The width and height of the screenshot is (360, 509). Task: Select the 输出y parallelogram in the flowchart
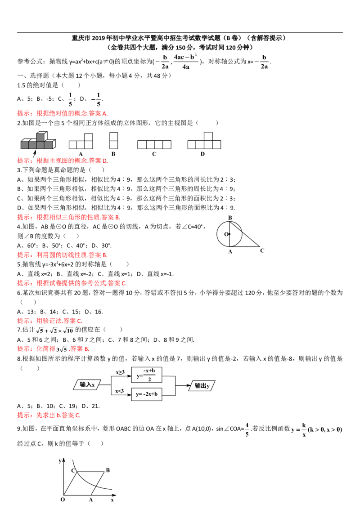tap(202, 386)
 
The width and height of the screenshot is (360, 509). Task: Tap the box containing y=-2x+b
tap(147, 394)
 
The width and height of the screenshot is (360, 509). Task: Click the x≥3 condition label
tap(120, 372)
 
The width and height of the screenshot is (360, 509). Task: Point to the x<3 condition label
tap(119, 391)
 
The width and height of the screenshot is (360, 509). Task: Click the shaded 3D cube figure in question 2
tap(38, 140)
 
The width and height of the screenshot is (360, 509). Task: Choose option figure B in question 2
tap(113, 141)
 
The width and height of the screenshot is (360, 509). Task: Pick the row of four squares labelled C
tap(154, 145)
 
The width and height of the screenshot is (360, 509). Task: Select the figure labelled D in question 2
tap(204, 141)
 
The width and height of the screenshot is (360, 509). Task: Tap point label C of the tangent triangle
tap(262, 250)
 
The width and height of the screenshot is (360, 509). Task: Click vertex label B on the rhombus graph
tap(108, 470)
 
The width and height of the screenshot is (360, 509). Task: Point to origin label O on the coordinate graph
tap(63, 500)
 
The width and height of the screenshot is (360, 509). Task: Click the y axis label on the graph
tap(60, 460)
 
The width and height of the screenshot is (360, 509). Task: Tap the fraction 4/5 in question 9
tap(247, 429)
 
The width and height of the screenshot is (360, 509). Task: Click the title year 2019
tap(99, 38)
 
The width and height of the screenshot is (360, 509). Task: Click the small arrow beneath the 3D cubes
tap(35, 153)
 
